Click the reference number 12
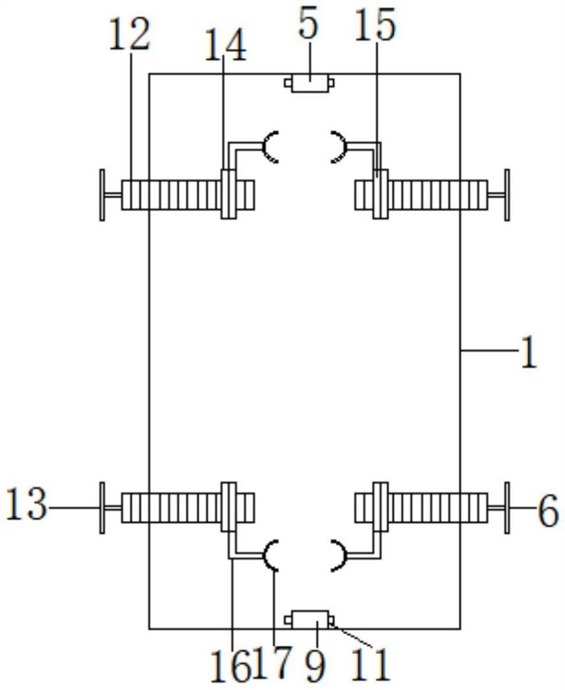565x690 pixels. click(130, 35)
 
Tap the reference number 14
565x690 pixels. click(226, 46)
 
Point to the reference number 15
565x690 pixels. click(375, 26)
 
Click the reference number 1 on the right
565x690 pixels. click(528, 351)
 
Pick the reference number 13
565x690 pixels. click(27, 504)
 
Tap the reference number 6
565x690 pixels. click(548, 511)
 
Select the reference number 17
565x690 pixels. click(272, 664)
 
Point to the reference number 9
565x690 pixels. click(315, 665)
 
